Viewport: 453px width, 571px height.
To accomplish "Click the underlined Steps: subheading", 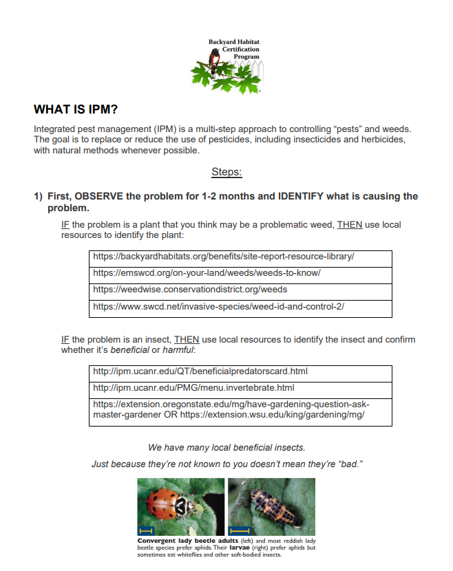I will pyautogui.click(x=226, y=171).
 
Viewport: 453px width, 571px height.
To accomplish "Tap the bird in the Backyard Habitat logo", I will pyautogui.click(x=214, y=62).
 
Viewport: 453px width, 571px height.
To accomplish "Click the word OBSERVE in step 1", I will pyautogui.click(x=99, y=197).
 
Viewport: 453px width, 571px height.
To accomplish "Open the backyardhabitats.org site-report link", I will pyautogui.click(x=223, y=257).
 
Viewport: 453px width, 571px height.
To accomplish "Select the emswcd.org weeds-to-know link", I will pyautogui.click(x=207, y=273).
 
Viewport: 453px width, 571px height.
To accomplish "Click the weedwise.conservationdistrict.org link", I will pyautogui.click(x=190, y=290).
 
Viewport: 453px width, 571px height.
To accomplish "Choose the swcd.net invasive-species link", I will pyautogui.click(x=218, y=306).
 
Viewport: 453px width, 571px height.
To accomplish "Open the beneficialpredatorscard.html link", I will pyautogui.click(x=200, y=371).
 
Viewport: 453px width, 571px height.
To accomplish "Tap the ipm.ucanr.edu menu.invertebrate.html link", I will pyautogui.click(x=193, y=388).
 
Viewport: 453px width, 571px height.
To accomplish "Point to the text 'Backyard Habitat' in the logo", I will pyautogui.click(x=234, y=43).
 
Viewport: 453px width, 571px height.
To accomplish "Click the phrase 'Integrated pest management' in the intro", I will pyautogui.click(x=93, y=129).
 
